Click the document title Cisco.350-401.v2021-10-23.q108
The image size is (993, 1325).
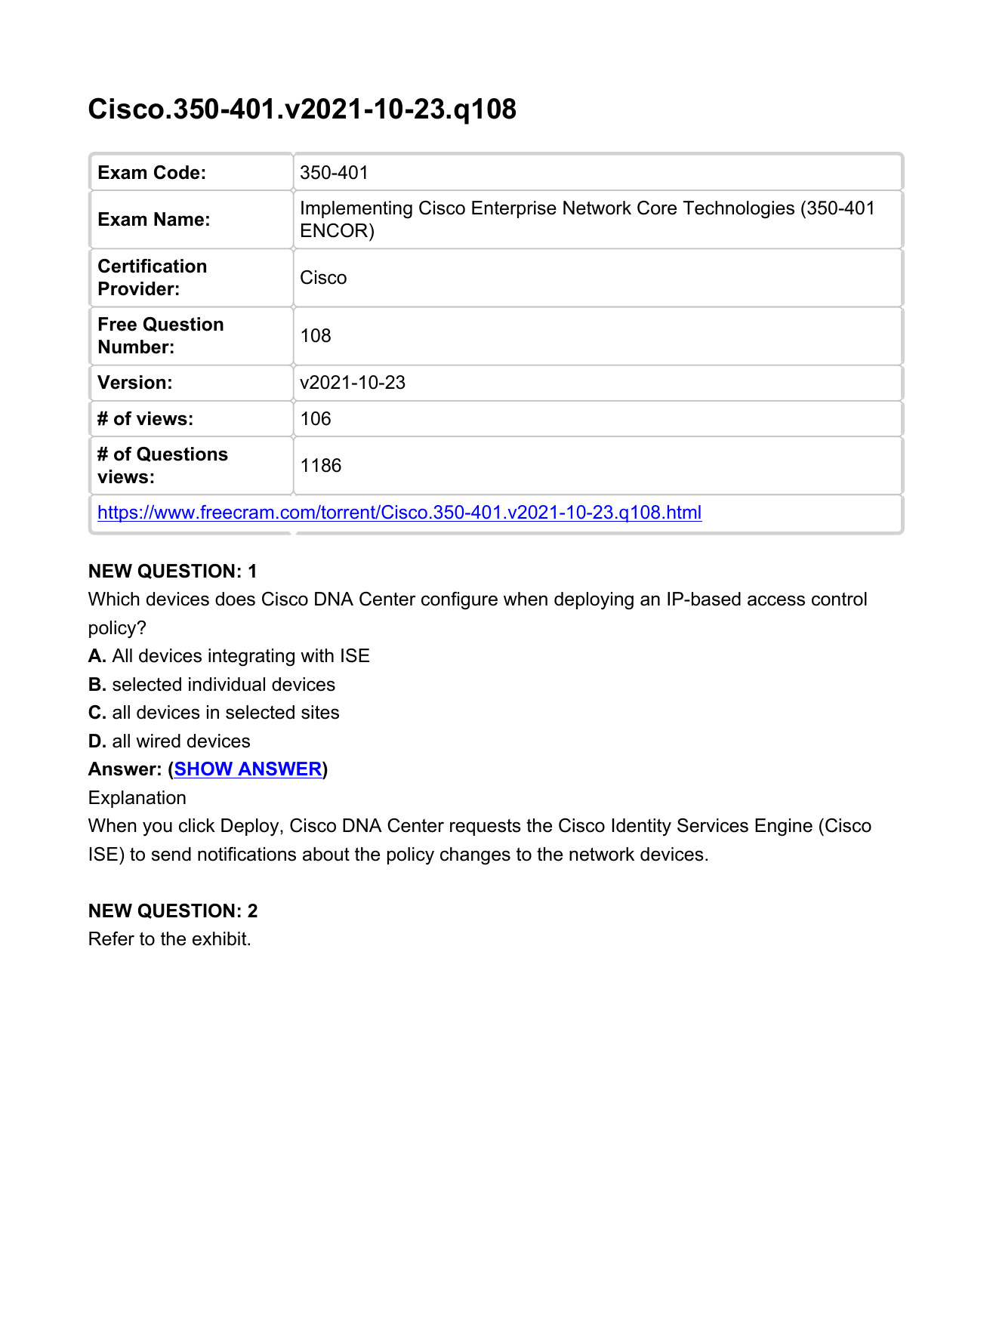tap(302, 109)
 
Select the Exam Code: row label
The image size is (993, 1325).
tap(152, 173)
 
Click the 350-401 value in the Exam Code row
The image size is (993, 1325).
tap(334, 173)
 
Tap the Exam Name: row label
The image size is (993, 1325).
tap(154, 220)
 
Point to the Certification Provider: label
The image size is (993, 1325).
tap(152, 278)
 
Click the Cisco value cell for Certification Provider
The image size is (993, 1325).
tap(323, 278)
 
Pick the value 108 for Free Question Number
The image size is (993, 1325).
tap(316, 336)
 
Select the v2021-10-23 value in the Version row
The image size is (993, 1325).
tap(353, 383)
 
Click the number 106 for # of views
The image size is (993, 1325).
tap(316, 419)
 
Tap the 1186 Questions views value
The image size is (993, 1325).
tap(321, 466)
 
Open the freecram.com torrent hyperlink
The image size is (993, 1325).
tap(399, 513)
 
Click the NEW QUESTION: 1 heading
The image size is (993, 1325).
tap(173, 572)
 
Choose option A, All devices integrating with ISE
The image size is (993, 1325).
tap(229, 656)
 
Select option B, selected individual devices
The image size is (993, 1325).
tap(211, 685)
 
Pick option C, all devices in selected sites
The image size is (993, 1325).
tap(214, 713)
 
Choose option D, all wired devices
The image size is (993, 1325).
tap(169, 741)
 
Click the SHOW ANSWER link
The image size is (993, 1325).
tap(248, 769)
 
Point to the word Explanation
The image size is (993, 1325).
tap(137, 798)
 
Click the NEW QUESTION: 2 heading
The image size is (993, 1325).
tap(173, 911)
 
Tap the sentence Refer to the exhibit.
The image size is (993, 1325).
tap(169, 939)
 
